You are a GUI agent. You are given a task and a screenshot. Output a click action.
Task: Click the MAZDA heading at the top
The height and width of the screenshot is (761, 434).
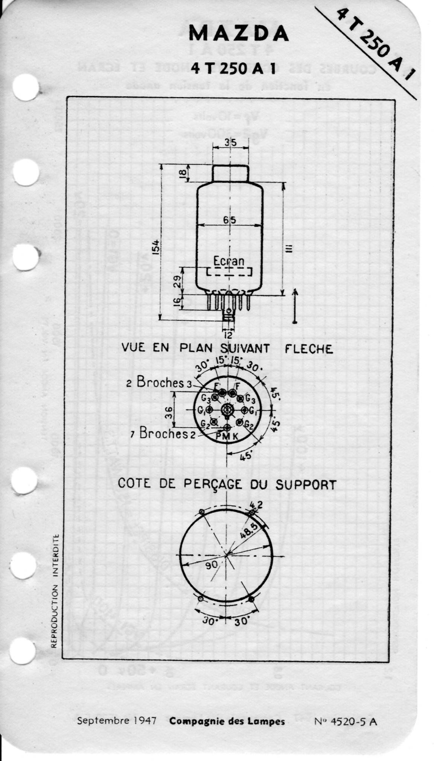[239, 34]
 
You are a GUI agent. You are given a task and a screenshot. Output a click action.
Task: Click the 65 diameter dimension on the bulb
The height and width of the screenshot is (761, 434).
[230, 220]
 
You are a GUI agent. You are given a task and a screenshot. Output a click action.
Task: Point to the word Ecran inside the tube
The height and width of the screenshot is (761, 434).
[228, 261]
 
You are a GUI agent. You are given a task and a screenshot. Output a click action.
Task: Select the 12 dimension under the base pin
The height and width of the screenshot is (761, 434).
[228, 334]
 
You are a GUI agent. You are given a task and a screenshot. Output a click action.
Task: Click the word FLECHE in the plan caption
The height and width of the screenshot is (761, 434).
[309, 349]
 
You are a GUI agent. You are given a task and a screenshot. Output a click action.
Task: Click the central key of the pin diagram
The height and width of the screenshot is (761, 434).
[227, 410]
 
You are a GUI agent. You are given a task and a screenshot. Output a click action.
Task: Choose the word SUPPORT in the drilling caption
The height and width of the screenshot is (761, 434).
[306, 485]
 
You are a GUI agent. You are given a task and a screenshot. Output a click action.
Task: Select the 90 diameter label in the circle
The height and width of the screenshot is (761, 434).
[212, 565]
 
